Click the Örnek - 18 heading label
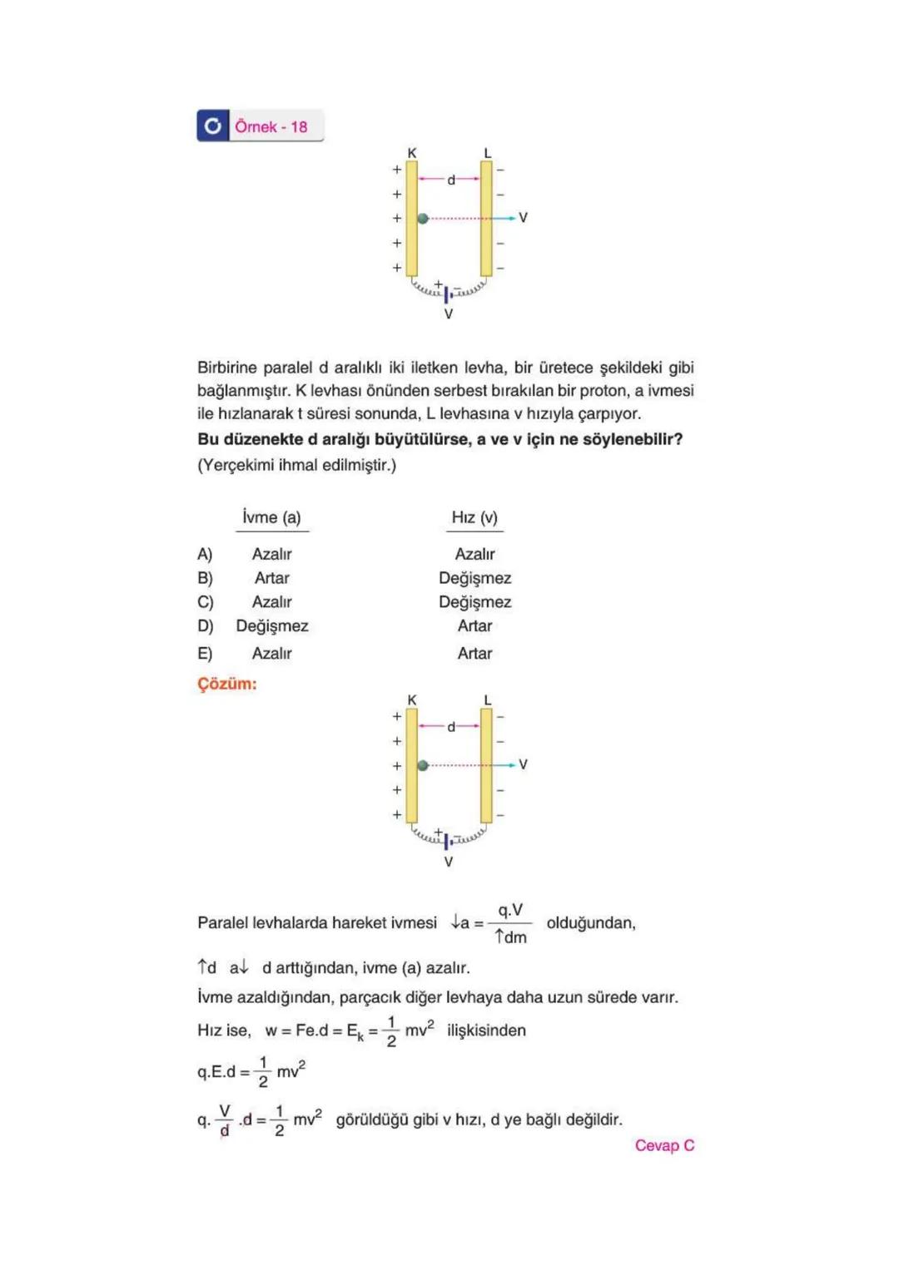271,126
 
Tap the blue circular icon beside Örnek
213,126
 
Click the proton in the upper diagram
423,219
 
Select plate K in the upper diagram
412,219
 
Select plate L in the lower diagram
486,765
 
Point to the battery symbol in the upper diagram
447,294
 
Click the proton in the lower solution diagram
423,765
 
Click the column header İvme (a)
271,517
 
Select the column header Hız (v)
474,517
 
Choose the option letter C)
205,602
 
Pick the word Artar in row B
271,578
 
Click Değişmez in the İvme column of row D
271,626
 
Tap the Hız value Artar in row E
474,654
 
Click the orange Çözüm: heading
226,684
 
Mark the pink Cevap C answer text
664,1145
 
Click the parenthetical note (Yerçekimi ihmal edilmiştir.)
296,465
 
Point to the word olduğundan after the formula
591,923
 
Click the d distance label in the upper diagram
450,180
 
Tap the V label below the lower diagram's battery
449,862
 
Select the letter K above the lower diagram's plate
412,700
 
